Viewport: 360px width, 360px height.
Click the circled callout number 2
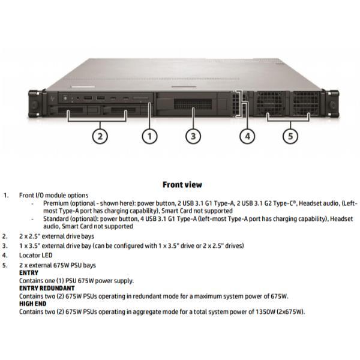tap(100, 136)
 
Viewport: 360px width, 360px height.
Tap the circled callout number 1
tap(149, 136)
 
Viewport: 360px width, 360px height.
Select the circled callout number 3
tap(193, 136)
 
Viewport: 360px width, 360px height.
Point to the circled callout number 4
tap(247, 136)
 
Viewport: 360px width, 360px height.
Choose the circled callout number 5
tap(290, 136)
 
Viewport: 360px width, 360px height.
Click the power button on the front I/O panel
tap(65, 98)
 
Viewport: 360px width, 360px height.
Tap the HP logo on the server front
tap(52, 98)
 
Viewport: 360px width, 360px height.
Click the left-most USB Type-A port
tap(88, 98)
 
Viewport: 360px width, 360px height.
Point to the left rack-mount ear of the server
tap(34, 104)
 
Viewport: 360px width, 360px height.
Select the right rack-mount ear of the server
tap(332, 104)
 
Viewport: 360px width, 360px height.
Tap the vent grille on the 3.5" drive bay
tap(193, 104)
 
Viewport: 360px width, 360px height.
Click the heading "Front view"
tap(182, 185)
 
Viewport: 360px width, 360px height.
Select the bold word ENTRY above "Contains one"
tap(29, 273)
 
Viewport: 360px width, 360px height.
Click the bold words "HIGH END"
tap(32, 304)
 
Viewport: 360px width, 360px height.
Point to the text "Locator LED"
tap(36, 255)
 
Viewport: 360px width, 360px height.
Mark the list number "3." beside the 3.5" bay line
tap(5, 245)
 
